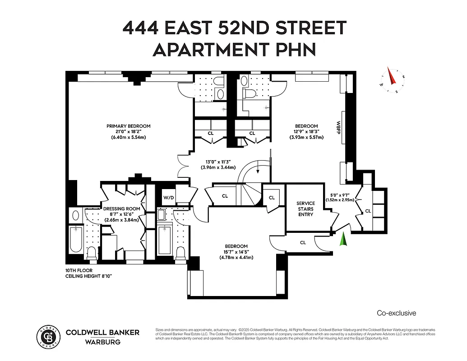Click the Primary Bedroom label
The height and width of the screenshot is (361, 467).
pos(129,126)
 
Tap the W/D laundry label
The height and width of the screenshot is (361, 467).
pos(168,197)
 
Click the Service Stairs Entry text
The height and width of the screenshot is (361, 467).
pos(305,209)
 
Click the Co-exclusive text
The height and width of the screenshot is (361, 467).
pos(396,313)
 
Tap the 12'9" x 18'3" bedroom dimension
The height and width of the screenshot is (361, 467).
pos(306,132)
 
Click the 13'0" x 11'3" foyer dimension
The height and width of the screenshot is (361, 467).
pos(218,161)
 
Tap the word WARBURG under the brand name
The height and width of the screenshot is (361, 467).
pos(102,342)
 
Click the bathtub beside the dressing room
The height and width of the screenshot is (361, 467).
pos(76,241)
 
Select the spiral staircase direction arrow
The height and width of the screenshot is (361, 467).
pos(258,170)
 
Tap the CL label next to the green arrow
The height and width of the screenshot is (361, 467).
pos(303,243)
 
